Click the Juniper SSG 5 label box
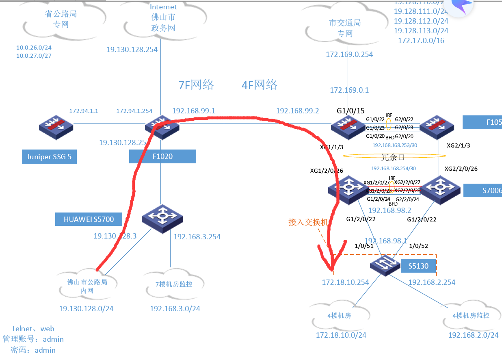49,157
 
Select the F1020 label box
162,156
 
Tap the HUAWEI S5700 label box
88,220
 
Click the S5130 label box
418,266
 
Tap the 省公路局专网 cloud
61,20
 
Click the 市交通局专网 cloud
345,28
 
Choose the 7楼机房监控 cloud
173,284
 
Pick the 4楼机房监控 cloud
471,315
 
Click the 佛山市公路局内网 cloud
87,286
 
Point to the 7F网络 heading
196,85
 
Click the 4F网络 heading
260,85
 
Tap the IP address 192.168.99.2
297,111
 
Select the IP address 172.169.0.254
349,54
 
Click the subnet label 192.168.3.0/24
175,309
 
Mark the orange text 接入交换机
308,222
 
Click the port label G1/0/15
351,111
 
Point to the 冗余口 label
393,156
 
